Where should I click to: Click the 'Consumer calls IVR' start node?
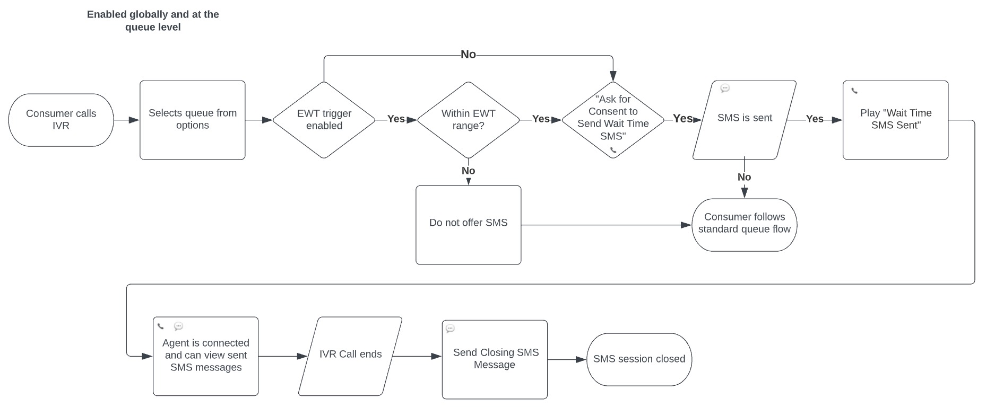(61, 120)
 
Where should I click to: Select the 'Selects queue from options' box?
(192, 120)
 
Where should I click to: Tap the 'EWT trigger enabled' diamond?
(324, 120)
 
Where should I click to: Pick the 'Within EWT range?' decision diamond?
(468, 120)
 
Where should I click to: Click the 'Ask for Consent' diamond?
(612, 118)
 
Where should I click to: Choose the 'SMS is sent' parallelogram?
(744, 118)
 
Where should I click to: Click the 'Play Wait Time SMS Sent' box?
(895, 119)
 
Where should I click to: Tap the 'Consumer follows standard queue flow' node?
(744, 224)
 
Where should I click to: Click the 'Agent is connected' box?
(205, 356)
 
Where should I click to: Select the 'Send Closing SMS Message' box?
(495, 359)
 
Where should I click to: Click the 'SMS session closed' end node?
(639, 359)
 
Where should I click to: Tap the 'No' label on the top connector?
(468, 55)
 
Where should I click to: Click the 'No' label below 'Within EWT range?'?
(468, 171)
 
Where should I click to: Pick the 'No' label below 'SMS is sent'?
(744, 177)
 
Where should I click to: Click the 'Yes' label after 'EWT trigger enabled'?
(396, 119)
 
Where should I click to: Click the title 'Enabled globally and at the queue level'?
(153, 21)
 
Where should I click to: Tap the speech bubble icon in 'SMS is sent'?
(725, 89)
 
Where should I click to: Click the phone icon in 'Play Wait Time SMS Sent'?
(854, 91)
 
